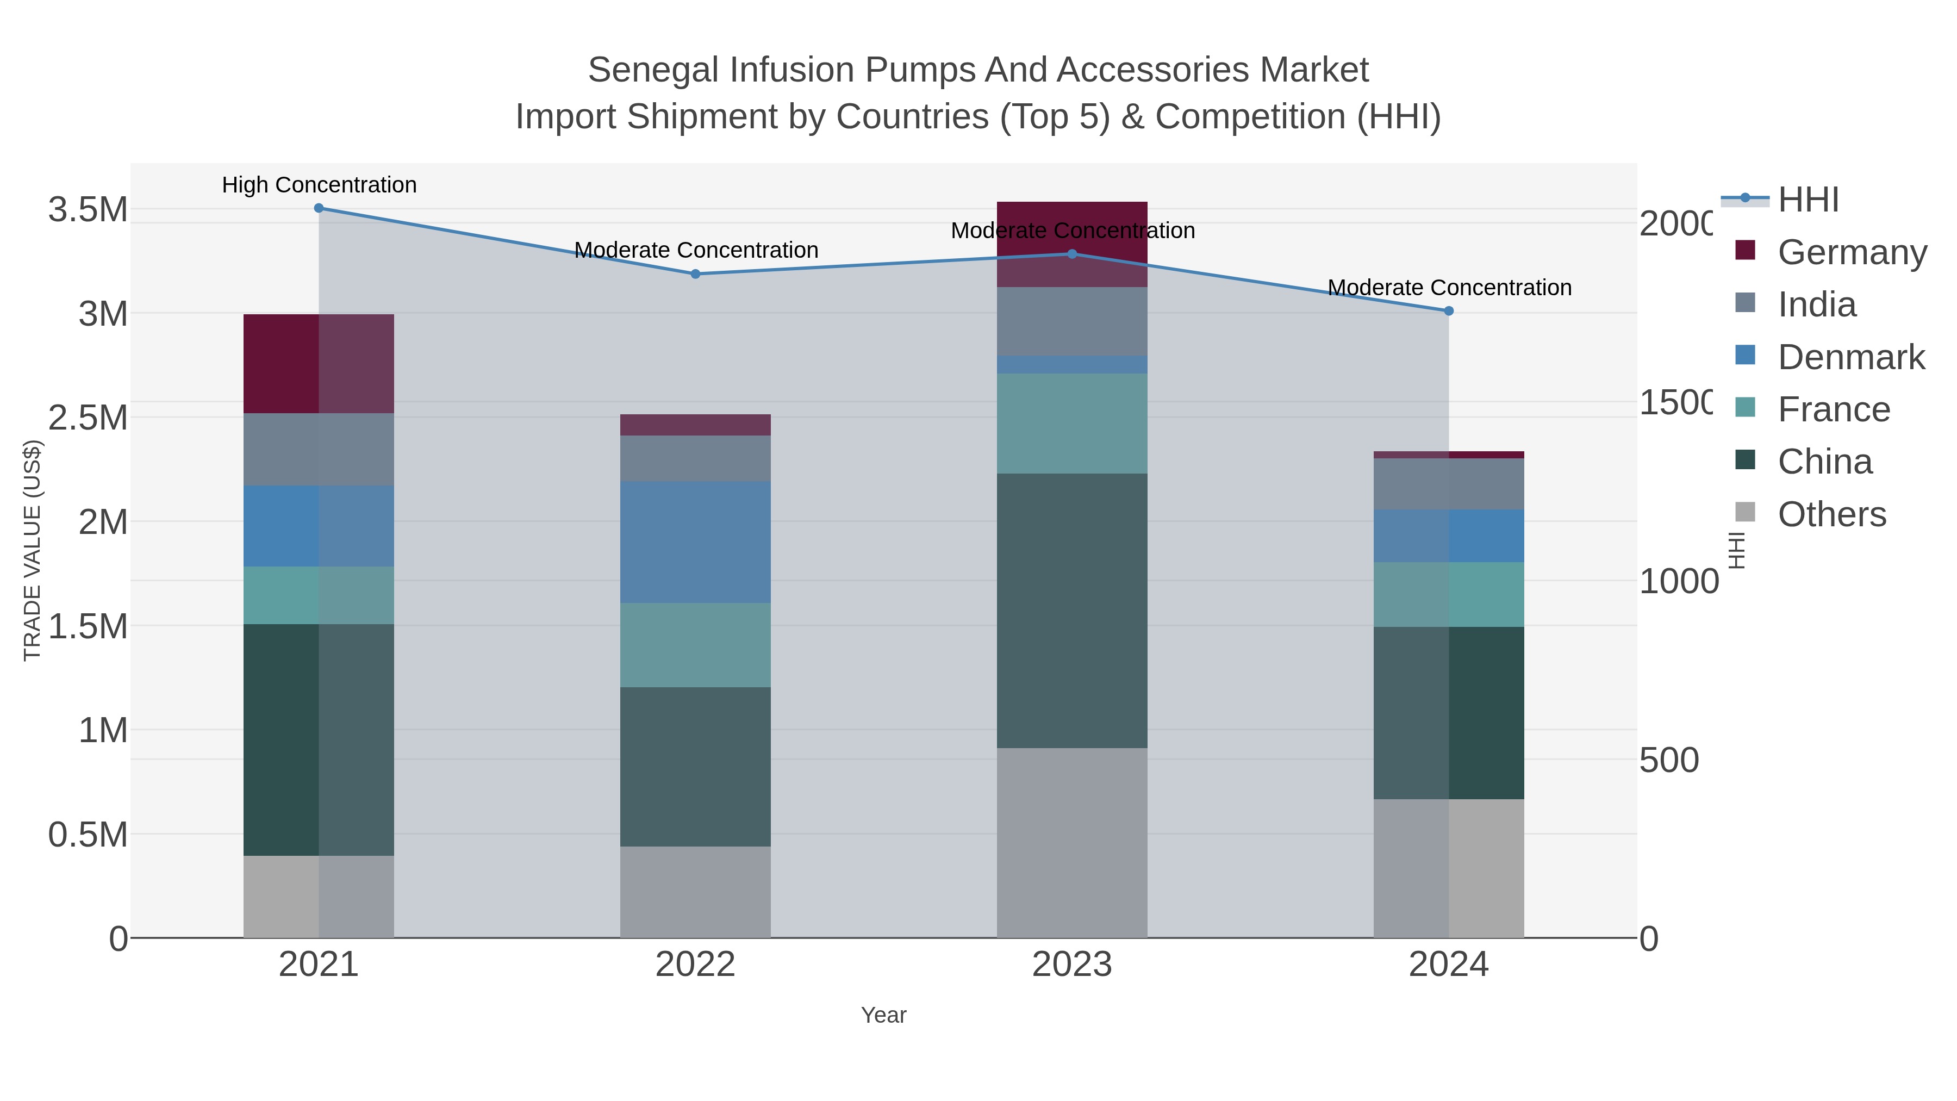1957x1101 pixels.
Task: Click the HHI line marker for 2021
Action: tap(319, 208)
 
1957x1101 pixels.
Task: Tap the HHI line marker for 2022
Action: tap(695, 275)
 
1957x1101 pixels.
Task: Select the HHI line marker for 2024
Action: tap(1448, 311)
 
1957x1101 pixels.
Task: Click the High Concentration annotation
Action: tap(319, 185)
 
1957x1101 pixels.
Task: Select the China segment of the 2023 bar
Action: tap(1072, 611)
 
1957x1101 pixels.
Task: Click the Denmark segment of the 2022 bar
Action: tap(695, 542)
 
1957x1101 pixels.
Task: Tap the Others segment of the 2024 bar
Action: tap(1448, 868)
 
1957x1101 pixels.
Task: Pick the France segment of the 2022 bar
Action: tap(695, 645)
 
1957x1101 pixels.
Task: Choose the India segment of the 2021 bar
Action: tap(319, 449)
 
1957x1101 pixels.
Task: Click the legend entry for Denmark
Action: tap(1850, 357)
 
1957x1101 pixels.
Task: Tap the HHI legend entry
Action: tap(1808, 200)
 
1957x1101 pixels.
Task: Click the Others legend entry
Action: tap(1831, 514)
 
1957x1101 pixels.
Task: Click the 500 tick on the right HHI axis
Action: tap(1668, 760)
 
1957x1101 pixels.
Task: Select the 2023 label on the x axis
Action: tap(1072, 965)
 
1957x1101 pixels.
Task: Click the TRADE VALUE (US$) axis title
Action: tap(32, 550)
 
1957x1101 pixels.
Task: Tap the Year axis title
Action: tap(883, 1015)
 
